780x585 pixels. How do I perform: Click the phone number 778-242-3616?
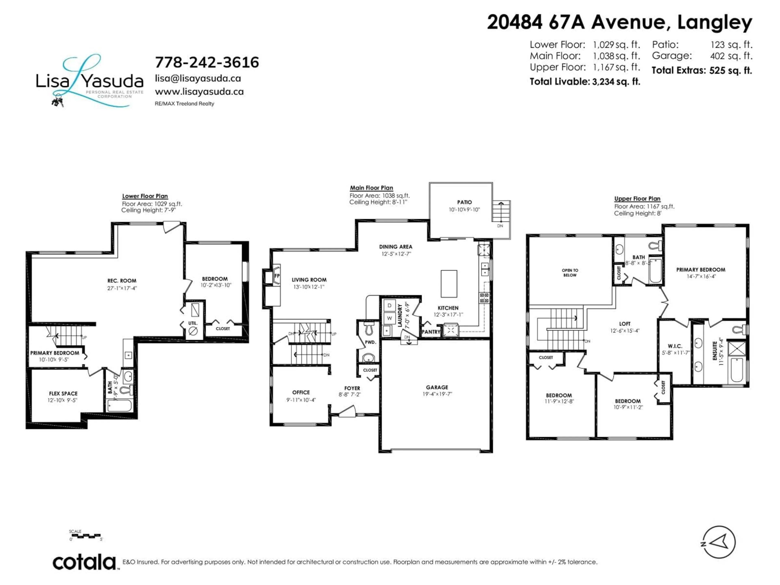click(x=207, y=62)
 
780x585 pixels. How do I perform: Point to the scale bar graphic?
click(x=85, y=536)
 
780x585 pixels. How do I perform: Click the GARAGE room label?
click(x=437, y=387)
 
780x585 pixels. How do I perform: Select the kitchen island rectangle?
click(x=449, y=284)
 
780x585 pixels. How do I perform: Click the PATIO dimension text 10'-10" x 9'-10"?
click(x=464, y=210)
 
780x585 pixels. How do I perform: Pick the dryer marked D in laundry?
click(x=389, y=305)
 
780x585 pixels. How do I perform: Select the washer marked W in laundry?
click(x=389, y=318)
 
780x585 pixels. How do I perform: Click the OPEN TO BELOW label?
click(x=570, y=273)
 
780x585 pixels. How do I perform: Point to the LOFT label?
click(x=624, y=324)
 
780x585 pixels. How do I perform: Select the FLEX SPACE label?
click(x=63, y=393)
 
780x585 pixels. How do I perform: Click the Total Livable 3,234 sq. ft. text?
click(x=585, y=82)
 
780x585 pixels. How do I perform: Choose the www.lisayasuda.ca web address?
click(x=199, y=92)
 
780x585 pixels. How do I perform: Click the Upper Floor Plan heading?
click(x=637, y=199)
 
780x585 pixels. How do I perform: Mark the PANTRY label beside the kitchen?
click(x=431, y=332)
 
